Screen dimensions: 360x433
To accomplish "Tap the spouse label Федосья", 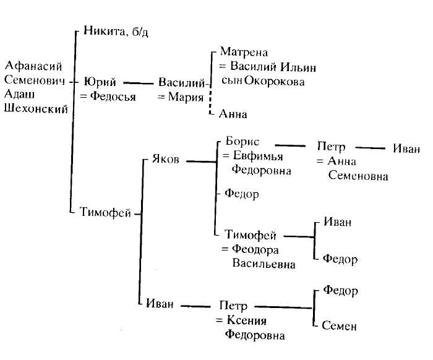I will tap(112, 96).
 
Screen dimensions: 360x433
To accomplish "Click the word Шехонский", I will tap(35, 109).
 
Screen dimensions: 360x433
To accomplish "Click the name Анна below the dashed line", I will tap(233, 114).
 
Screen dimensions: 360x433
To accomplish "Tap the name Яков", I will tap(166, 159).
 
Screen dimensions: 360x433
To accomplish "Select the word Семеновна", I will tap(358, 176).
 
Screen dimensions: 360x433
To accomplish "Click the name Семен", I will tap(340, 326).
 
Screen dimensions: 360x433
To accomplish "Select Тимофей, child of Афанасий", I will tap(105, 213).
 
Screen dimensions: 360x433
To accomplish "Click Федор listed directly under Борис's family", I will tap(241, 194).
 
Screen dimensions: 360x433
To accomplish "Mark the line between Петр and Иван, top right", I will tap(372, 148).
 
